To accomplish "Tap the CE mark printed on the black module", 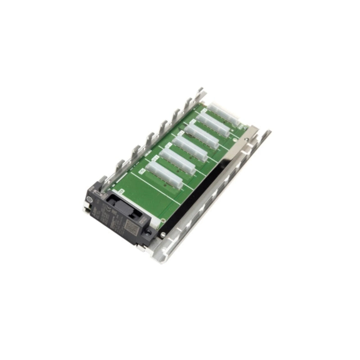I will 105,210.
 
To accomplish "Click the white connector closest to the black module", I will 163,174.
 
